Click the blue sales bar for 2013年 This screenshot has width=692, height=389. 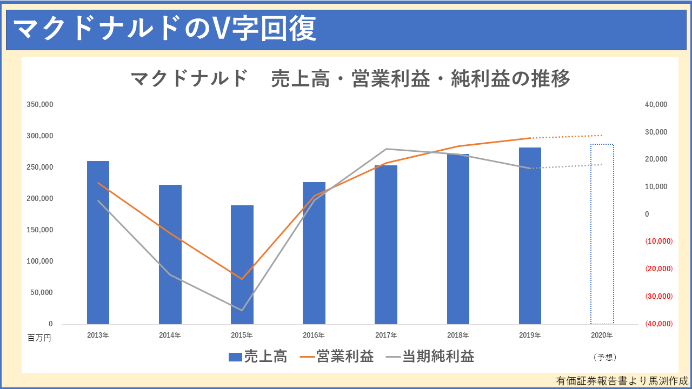[98, 243]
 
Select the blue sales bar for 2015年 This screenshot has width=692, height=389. [242, 265]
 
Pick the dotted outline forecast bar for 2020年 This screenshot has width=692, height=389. [602, 234]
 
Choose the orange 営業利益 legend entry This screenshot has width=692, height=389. [337, 357]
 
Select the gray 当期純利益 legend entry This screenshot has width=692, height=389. [430, 357]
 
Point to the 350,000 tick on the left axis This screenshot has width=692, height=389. [40, 104]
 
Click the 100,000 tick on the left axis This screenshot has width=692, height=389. [40, 261]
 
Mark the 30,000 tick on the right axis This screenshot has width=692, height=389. [656, 132]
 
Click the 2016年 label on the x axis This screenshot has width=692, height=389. [314, 335]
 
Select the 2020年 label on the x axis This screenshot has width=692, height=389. [602, 335]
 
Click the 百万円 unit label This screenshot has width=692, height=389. [39, 338]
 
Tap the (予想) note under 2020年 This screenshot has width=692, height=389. [604, 357]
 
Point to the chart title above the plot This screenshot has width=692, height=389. [350, 79]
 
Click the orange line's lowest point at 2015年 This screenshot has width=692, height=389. [242, 279]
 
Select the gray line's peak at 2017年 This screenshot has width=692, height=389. [386, 149]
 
